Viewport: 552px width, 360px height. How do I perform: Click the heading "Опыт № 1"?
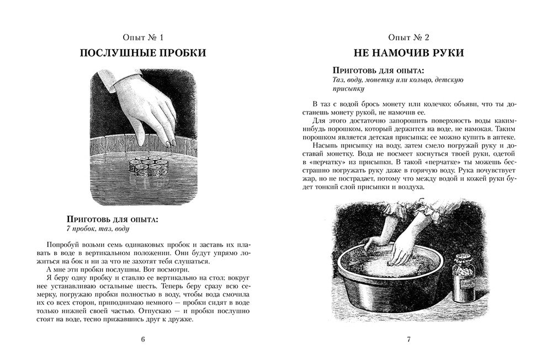[143, 38]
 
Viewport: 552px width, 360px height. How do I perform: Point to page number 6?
[143, 339]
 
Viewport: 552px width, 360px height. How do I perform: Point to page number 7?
[409, 339]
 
